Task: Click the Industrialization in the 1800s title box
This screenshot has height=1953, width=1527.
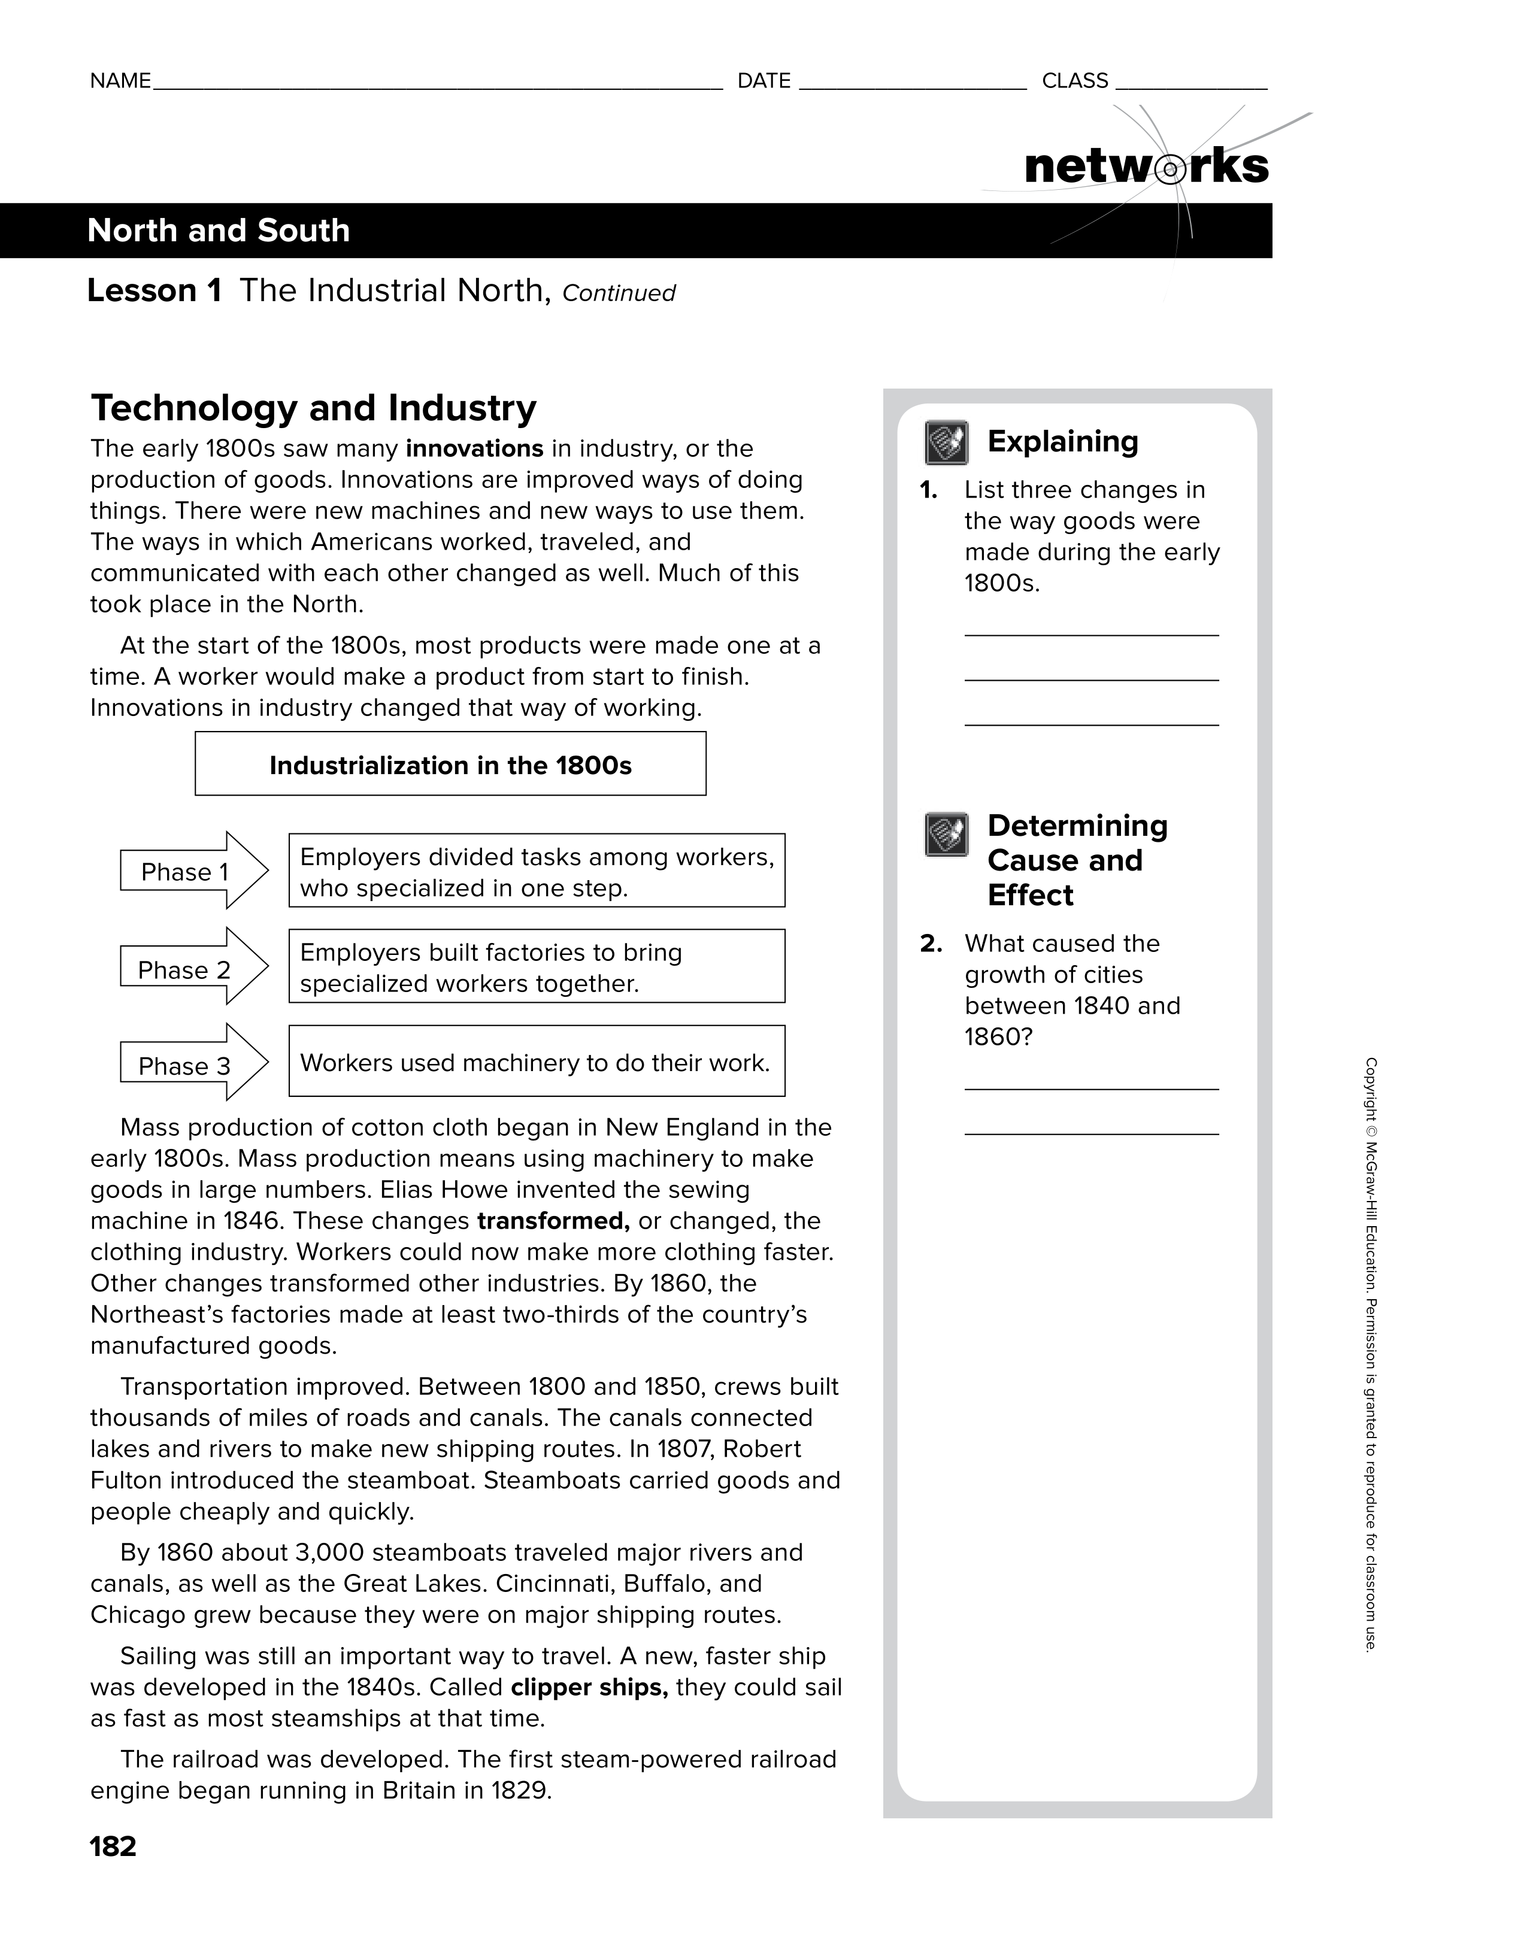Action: tap(450, 765)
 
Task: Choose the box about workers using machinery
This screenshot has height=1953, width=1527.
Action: tap(536, 1062)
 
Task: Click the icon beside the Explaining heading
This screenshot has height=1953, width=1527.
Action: tap(946, 442)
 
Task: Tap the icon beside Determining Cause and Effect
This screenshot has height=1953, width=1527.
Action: tap(946, 835)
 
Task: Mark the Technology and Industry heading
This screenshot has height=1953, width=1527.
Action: tap(313, 409)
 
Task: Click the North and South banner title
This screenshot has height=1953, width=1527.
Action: tap(218, 231)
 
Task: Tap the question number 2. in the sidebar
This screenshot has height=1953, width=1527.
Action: tap(931, 944)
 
